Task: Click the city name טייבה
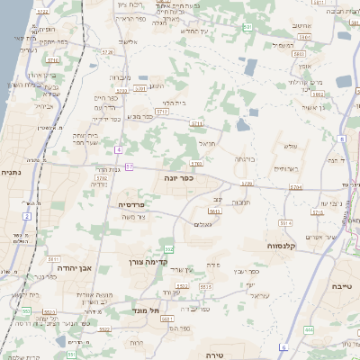coord(342,286)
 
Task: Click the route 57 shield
coord(130,166)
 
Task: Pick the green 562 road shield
coord(168,248)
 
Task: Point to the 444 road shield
coord(309,330)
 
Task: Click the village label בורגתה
coord(246,158)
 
